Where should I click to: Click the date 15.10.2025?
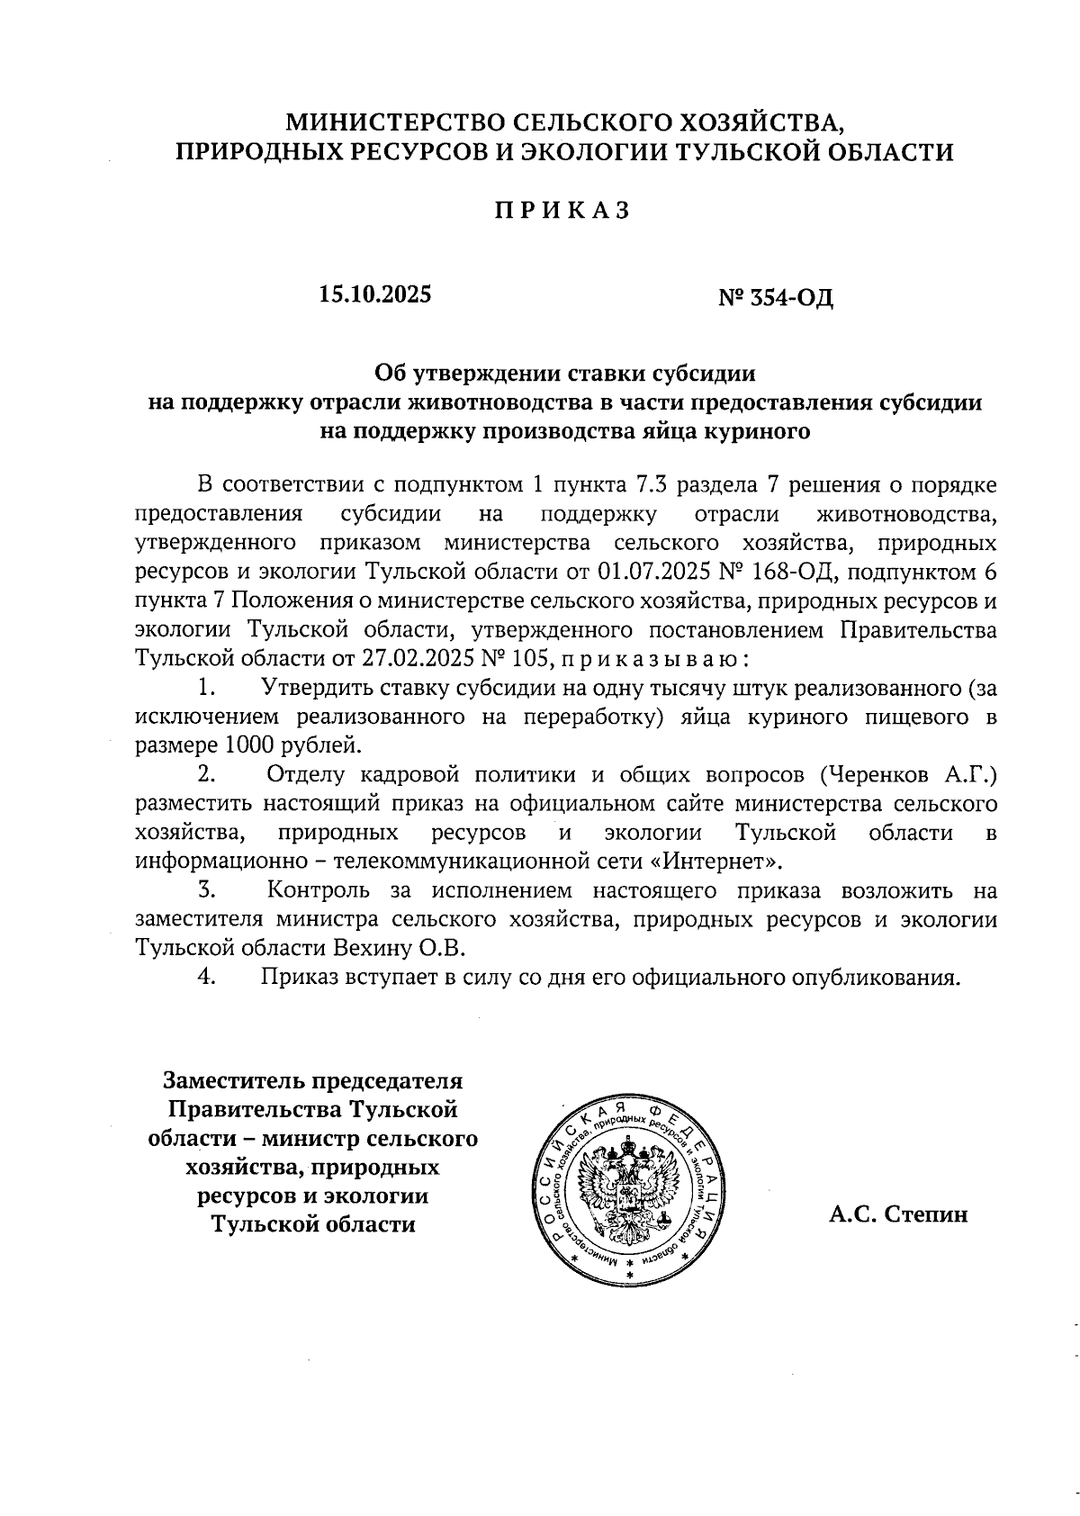374,294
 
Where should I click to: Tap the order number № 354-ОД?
776,296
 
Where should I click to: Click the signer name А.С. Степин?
898,1214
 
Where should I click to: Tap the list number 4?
207,977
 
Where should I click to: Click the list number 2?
207,774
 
